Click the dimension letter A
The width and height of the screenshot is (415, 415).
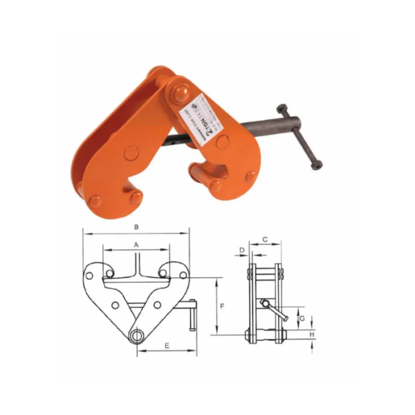pyautogui.click(x=136, y=245)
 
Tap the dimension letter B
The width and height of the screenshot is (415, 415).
pyautogui.click(x=136, y=227)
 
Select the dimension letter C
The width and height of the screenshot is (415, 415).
pyautogui.click(x=265, y=239)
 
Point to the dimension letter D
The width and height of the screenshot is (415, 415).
pyautogui.click(x=242, y=250)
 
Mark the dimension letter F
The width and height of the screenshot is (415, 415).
pyautogui.click(x=221, y=305)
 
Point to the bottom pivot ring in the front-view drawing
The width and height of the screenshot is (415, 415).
pyautogui.click(x=137, y=335)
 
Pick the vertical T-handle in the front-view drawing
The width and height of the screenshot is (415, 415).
pyautogui.click(x=192, y=316)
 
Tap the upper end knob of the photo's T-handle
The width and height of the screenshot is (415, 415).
pyautogui.click(x=282, y=109)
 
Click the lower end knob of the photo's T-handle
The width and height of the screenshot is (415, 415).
pyautogui.click(x=317, y=166)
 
